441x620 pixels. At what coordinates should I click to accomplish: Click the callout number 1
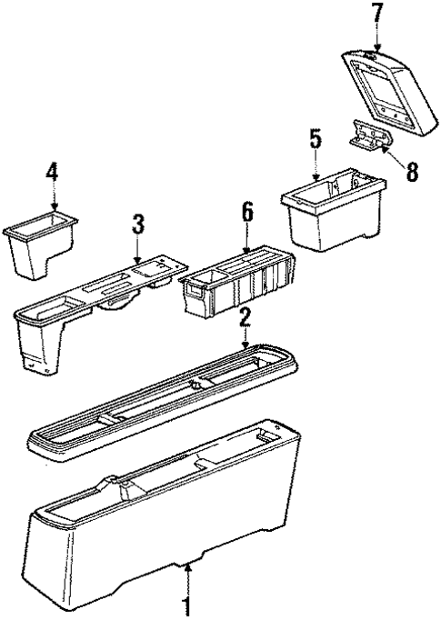188,605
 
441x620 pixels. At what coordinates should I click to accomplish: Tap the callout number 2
244,317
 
